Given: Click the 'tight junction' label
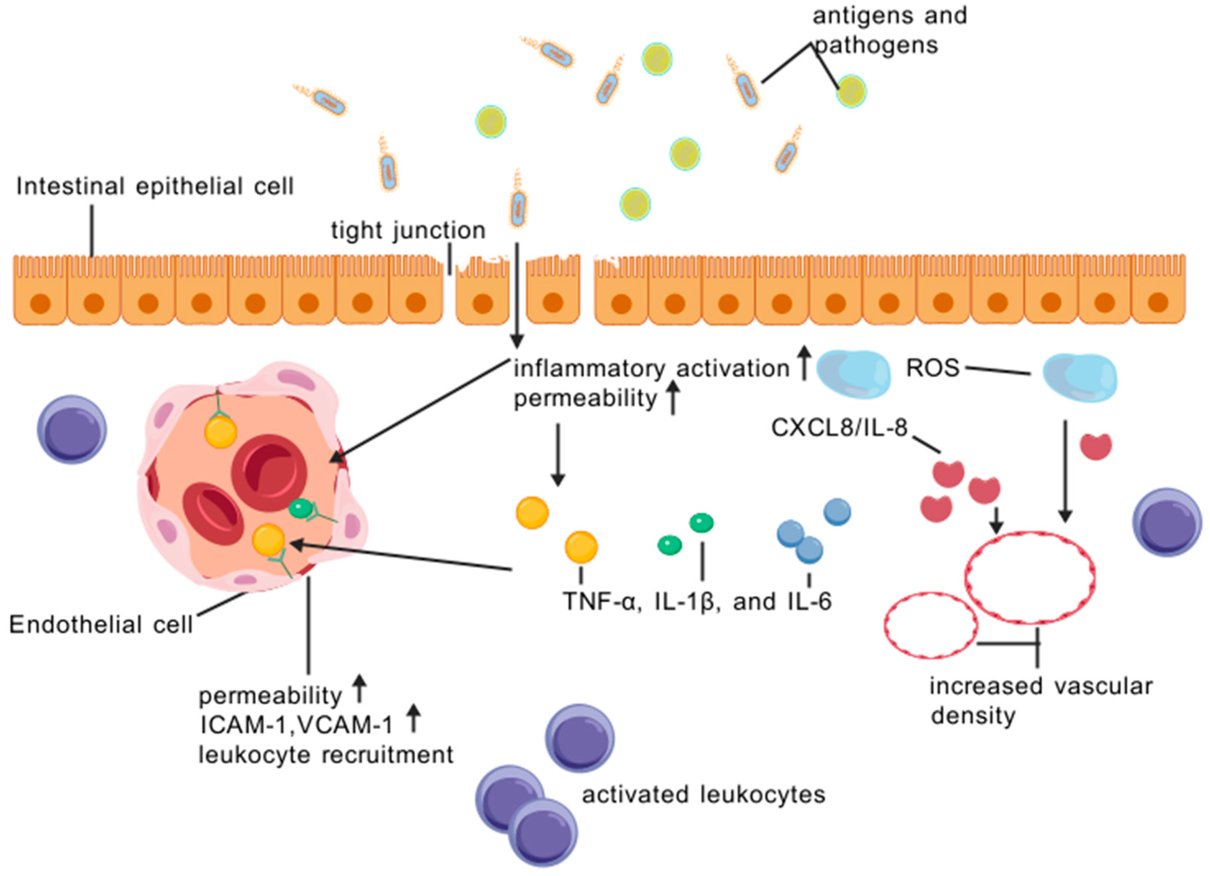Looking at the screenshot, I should point(408,231).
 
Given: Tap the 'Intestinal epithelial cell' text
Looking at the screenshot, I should point(155,187).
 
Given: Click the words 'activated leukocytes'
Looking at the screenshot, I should point(703,795).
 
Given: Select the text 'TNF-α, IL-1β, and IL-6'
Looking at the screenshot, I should point(697,601).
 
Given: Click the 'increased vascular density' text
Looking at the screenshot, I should point(1040,701).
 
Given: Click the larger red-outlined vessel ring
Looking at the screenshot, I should point(1030,578).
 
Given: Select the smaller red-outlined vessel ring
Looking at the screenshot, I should point(931,626).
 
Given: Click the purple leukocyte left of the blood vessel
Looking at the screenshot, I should point(72,430).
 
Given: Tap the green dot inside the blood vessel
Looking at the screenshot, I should point(300,509).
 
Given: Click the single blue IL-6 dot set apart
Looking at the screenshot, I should point(837,511).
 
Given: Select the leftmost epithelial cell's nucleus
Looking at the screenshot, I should point(40,304).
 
